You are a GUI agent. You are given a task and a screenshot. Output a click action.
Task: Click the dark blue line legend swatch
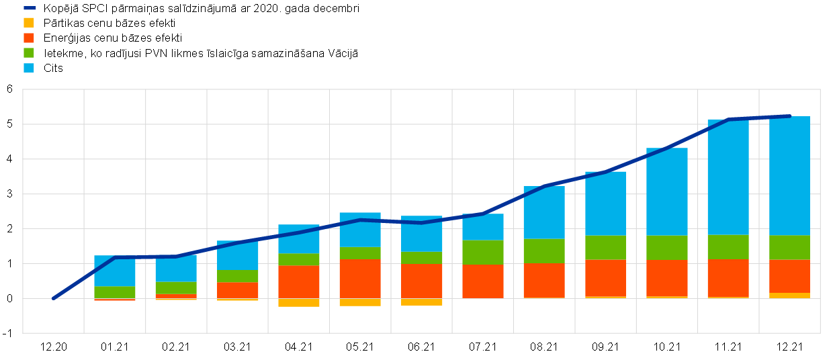point(30,8)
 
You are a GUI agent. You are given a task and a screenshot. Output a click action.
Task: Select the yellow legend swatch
point(29,23)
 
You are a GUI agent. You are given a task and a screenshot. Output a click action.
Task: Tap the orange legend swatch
point(29,38)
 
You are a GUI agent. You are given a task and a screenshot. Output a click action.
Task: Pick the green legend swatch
point(29,53)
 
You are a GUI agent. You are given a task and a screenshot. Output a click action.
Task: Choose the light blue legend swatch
point(29,68)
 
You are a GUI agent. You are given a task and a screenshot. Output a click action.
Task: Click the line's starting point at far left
point(54,298)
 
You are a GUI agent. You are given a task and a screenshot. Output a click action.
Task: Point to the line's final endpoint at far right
point(789,116)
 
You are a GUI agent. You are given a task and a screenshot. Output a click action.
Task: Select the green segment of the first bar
point(115,292)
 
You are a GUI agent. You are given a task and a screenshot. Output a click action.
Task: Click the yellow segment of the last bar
point(789,296)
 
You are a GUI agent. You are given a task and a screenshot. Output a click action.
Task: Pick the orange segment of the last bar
point(789,276)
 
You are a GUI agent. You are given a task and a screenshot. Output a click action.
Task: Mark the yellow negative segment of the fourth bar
point(299,303)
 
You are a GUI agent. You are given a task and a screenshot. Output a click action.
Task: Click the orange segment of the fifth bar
point(360,279)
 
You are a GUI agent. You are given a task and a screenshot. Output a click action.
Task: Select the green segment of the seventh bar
point(483,252)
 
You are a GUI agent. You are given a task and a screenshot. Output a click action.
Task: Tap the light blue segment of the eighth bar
point(544,212)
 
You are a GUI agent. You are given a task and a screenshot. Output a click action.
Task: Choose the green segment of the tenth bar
point(667,248)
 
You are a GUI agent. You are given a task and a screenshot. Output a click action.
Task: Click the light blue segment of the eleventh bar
point(728,177)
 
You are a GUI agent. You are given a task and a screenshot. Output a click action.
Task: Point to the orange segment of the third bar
point(238,290)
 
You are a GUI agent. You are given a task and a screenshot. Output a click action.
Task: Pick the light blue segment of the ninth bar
point(605,204)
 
